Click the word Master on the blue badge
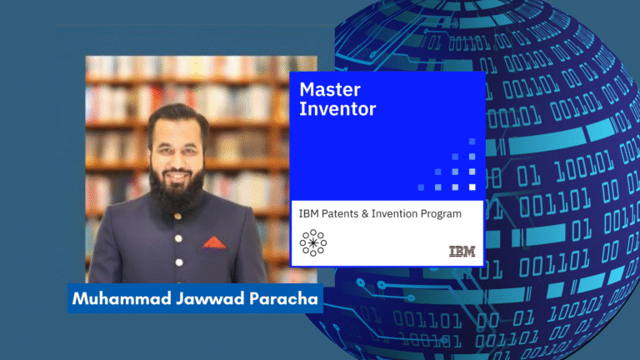tap(330, 89)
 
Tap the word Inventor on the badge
tap(337, 109)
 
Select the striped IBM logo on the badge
tap(462, 252)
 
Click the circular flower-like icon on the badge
tap(313, 242)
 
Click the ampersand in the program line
tap(365, 214)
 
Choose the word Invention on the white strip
tap(394, 214)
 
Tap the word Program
tap(441, 215)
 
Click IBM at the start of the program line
tap(308, 214)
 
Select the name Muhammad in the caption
tap(122, 299)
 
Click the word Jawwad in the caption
tap(211, 299)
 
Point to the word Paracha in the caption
tap(283, 299)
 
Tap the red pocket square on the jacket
tap(214, 242)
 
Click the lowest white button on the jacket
tap(179, 262)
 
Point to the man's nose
tap(177, 160)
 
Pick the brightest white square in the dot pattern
tap(472, 187)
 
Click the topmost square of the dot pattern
tap(472, 142)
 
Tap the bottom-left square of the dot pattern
tap(421, 187)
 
